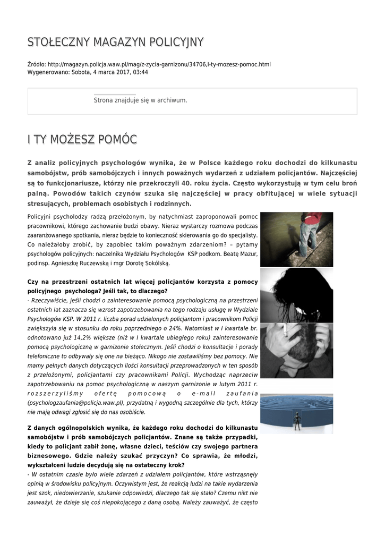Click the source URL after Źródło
click(151, 64)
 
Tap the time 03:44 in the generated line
click(141, 72)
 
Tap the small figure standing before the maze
click(297, 422)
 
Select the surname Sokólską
click(156, 263)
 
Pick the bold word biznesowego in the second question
click(49, 455)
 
